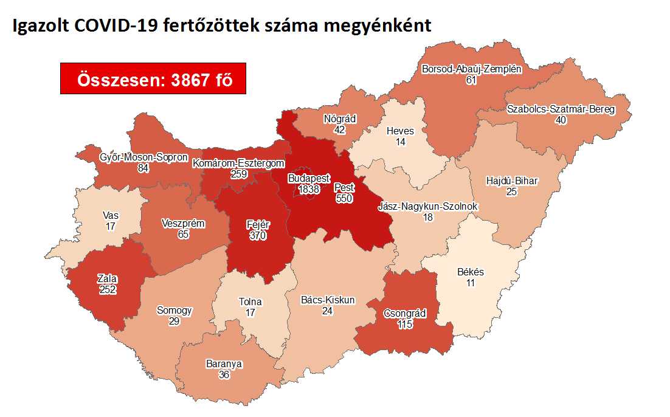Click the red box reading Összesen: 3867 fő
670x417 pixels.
point(153,78)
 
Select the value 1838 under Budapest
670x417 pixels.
point(313,190)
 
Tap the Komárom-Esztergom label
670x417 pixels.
point(238,163)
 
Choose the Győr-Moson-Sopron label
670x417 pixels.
point(143,157)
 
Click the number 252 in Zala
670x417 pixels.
point(108,289)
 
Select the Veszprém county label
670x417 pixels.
point(183,223)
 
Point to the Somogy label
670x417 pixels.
point(174,310)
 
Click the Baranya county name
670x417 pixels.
point(224,364)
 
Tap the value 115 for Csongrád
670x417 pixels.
point(405,325)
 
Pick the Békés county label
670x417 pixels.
point(471,272)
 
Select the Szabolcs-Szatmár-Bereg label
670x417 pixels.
point(561,109)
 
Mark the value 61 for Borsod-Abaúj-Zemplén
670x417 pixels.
point(471,80)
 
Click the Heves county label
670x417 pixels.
point(400,131)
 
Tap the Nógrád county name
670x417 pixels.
point(340,119)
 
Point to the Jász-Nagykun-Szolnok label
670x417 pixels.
point(427,207)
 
